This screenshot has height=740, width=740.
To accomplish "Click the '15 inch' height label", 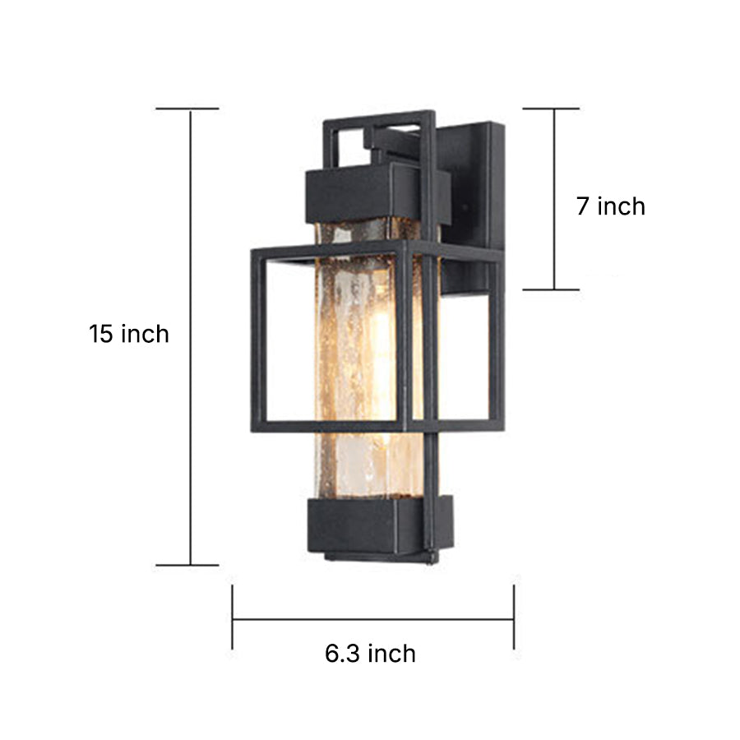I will click(129, 335).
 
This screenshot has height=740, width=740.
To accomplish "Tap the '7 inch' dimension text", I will click(610, 206).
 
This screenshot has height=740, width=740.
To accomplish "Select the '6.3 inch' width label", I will click(370, 654).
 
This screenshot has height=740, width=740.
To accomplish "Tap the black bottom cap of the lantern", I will click(370, 526).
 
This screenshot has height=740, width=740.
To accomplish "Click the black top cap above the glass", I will click(362, 191).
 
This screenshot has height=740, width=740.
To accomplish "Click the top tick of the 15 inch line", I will click(187, 109).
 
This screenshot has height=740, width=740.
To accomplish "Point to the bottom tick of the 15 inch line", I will click(187, 565).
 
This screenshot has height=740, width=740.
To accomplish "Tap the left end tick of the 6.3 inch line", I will click(233, 617).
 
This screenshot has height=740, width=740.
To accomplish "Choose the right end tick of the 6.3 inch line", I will click(514, 617).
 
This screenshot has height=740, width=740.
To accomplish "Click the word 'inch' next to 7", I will click(622, 206).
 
